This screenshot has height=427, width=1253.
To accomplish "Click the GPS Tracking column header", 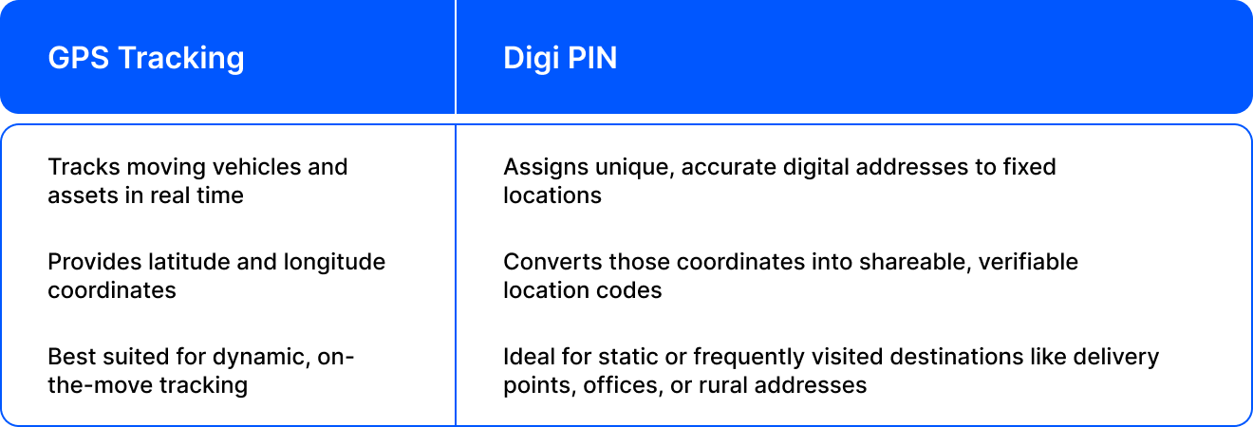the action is pyautogui.click(x=146, y=58).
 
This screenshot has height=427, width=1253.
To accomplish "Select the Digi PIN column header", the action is pyautogui.click(x=560, y=58).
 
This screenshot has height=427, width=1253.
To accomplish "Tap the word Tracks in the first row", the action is pyautogui.click(x=84, y=167).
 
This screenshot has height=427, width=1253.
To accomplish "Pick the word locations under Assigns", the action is pyautogui.click(x=552, y=195).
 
